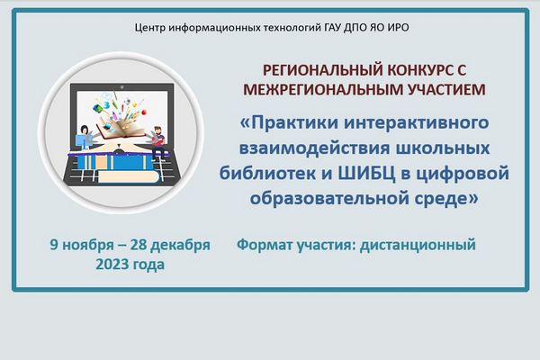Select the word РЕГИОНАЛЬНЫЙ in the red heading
tap(323, 70)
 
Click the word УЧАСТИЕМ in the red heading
tap(446, 90)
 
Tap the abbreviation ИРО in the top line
tap(398, 27)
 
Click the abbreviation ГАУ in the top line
tap(332, 27)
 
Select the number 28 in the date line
tap(139, 245)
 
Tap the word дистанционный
tap(418, 245)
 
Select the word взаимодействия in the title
tap(315, 148)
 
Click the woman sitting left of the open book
tap(84, 138)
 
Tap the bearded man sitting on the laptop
tap(158, 142)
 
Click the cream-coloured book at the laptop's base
tap(129, 176)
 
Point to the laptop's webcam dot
tap(121, 87)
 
